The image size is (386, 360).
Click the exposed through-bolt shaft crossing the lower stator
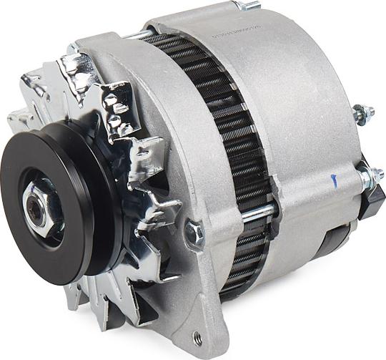tap(257, 212)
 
